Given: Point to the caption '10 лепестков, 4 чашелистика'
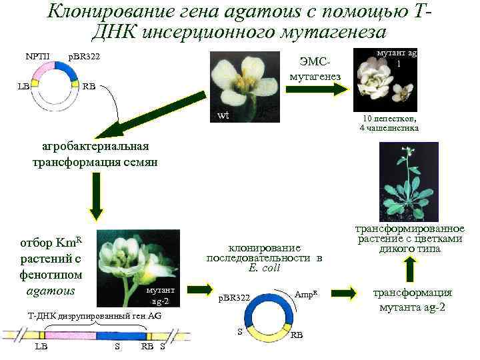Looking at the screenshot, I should (x=389, y=123).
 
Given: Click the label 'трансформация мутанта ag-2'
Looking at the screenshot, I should (x=411, y=300).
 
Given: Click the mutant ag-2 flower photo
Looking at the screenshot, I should (x=137, y=266).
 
